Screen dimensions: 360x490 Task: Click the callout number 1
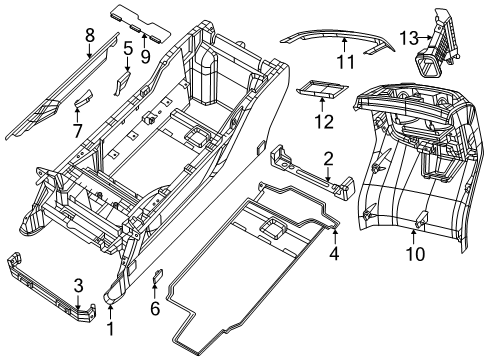click(x=112, y=327)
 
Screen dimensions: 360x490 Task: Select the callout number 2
click(x=327, y=157)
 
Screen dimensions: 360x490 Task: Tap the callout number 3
click(x=77, y=287)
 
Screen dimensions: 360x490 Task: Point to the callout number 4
click(x=335, y=254)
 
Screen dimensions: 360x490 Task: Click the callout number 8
click(x=89, y=36)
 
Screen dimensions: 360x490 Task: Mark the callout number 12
click(x=320, y=122)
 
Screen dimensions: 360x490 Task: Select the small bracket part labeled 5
click(x=124, y=78)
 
